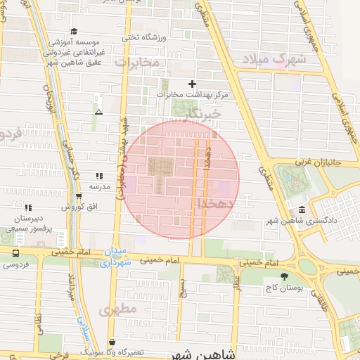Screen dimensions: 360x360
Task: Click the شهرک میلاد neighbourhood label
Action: coord(275,58)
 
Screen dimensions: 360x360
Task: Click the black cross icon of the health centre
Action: coord(192,84)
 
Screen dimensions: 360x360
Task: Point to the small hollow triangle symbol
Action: coord(98,112)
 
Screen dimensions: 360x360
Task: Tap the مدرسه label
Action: coord(99,187)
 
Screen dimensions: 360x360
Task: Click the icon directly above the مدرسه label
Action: coord(99,176)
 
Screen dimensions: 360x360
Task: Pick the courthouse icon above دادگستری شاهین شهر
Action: coord(302,210)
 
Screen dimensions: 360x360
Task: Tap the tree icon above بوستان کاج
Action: coord(284,276)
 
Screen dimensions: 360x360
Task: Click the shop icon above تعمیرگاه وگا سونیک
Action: coord(112,342)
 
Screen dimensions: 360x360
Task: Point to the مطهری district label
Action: coord(117,309)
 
